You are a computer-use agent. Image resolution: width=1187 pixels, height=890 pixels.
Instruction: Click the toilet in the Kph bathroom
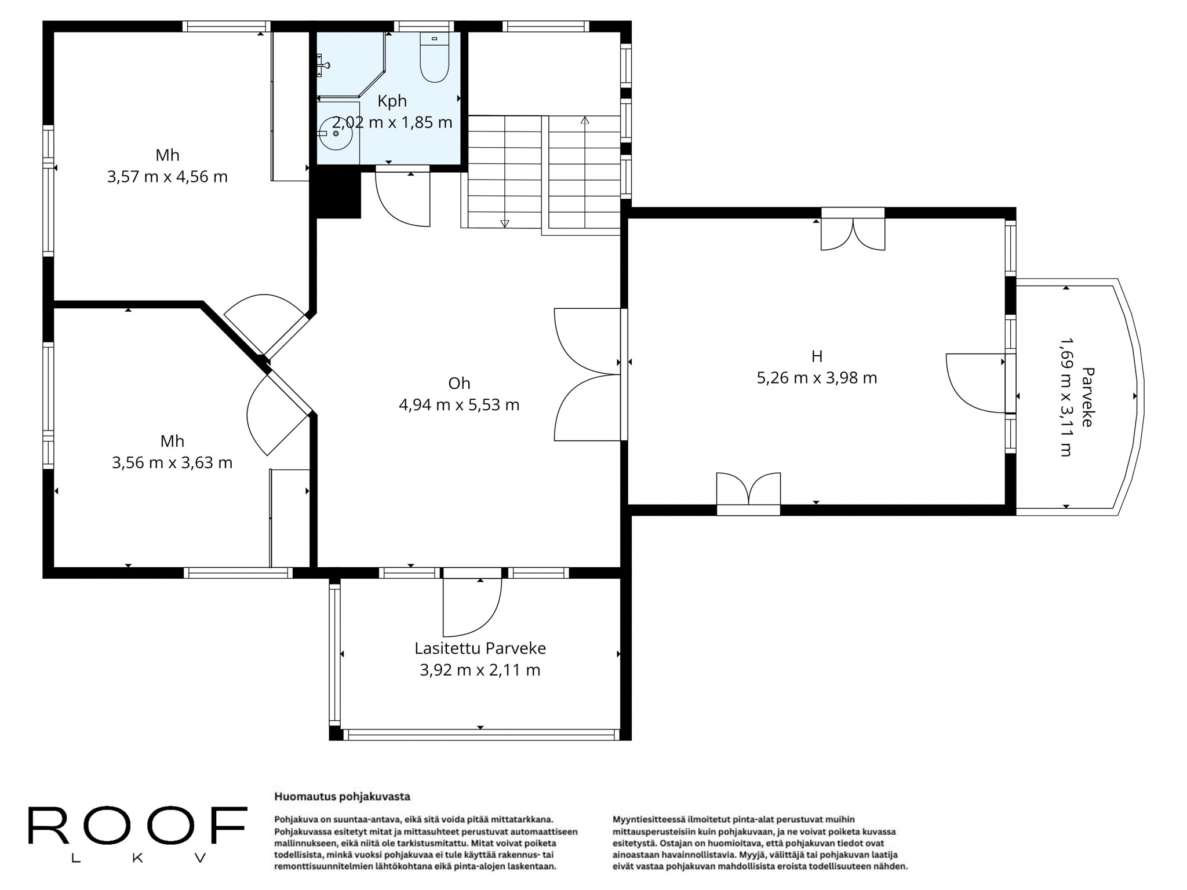pos(434,57)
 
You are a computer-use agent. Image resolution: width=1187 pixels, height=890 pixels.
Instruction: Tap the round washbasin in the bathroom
pos(336,133)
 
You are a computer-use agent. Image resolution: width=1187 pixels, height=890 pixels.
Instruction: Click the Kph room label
pos(392,101)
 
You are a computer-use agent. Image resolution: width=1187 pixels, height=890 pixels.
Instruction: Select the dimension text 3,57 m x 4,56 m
pos(168,177)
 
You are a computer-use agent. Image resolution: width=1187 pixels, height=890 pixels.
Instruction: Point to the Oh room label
pos(459,383)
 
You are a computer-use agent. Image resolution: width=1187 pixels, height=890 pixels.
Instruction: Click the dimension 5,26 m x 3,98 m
pos(817,378)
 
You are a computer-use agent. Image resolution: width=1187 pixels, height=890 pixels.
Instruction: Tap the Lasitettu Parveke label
pos(480,648)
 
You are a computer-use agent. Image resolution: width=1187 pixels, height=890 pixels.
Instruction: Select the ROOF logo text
pos(137,825)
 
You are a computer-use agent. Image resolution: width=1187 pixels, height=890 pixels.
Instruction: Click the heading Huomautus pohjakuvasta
pos(342,796)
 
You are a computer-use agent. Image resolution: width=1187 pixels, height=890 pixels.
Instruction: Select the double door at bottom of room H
pos(748,490)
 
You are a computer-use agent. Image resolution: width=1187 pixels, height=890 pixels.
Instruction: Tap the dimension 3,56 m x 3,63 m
pos(172,462)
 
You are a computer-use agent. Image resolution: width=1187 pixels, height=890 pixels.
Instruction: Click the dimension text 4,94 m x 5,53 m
pos(459,404)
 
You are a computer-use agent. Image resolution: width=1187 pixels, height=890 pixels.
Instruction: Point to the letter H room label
pos(817,356)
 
